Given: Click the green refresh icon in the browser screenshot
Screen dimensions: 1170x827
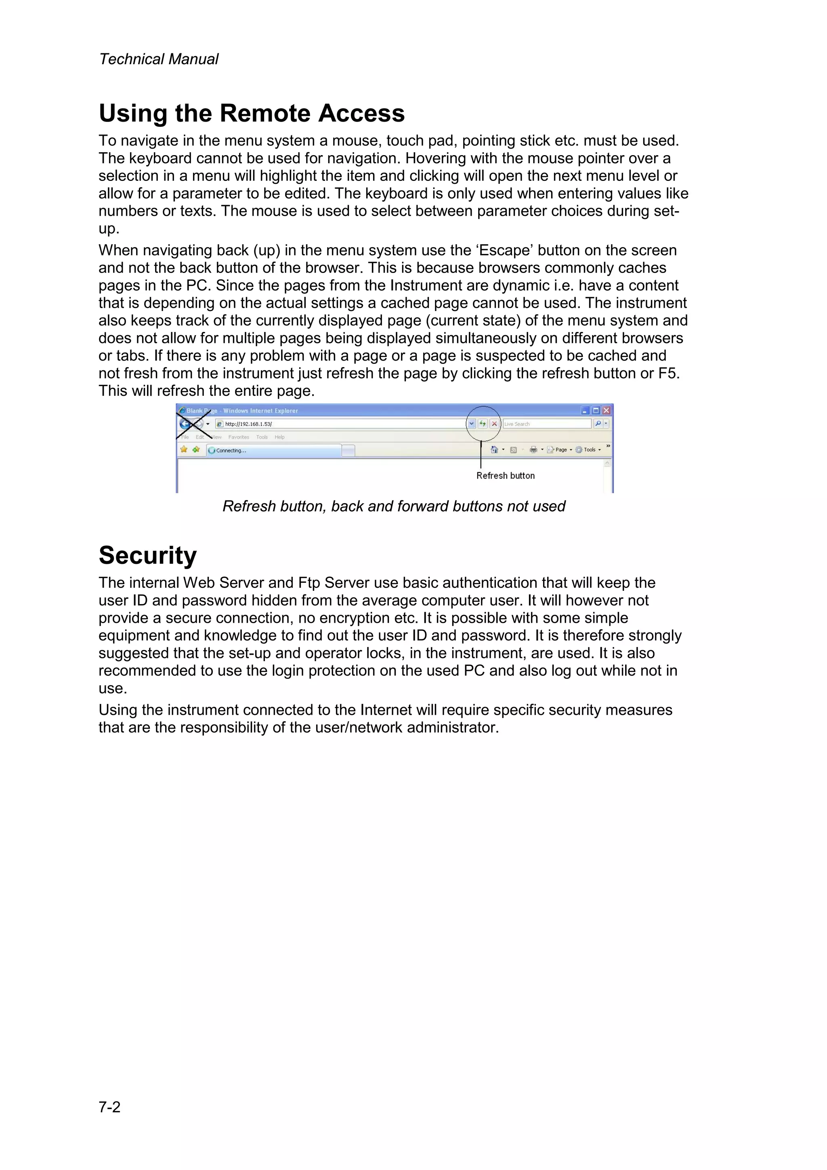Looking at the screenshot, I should tap(483, 424).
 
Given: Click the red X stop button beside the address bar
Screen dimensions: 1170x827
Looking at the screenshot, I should tap(494, 424).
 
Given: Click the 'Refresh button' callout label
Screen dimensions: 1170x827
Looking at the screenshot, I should tap(505, 475).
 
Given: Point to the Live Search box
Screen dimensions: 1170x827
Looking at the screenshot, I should tap(546, 424).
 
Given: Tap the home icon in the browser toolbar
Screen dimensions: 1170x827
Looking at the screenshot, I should tap(494, 450).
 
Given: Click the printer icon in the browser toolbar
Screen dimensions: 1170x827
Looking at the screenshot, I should tap(533, 450).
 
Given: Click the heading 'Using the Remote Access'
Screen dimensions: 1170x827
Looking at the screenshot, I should tap(251, 113).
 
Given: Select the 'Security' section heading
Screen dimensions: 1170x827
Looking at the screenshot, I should tap(147, 555).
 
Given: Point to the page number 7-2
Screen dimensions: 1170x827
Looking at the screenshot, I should tap(109, 1107).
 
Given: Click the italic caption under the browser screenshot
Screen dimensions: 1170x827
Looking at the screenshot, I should tap(393, 506).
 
